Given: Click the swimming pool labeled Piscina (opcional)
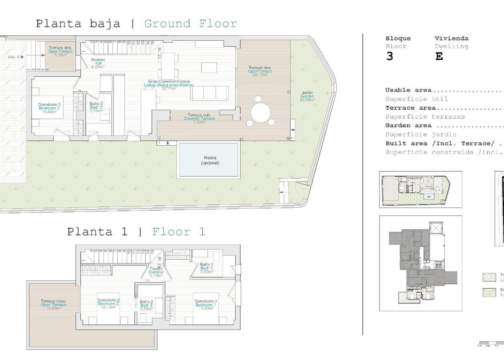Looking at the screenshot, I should (209, 160).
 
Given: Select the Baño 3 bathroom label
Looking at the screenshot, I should (96, 107).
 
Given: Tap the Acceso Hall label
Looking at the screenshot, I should (98, 63).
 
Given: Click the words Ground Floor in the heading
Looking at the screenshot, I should (190, 24).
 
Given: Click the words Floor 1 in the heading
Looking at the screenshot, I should (179, 232).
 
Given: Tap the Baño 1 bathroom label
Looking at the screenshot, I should (206, 268).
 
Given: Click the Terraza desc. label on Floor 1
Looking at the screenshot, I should (53, 304).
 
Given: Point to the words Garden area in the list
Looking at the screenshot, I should (408, 125).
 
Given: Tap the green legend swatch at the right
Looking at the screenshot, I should (488, 293).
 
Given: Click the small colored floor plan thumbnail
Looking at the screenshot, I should (420, 189).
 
